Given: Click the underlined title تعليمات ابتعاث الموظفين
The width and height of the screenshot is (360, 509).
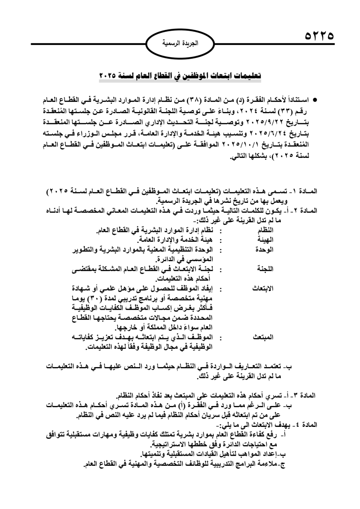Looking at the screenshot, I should click(x=180, y=76).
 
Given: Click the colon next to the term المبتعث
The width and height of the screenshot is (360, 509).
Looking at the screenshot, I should click(x=220, y=338).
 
